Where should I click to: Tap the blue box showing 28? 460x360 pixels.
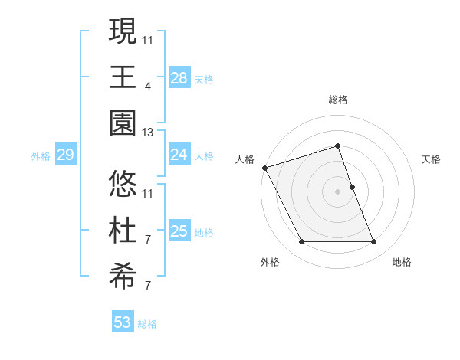click(x=179, y=78)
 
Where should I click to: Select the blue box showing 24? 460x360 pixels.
click(x=179, y=155)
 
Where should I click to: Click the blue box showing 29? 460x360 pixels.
click(x=65, y=155)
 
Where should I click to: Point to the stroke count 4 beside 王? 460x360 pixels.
click(x=147, y=86)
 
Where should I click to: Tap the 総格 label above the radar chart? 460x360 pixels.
click(x=338, y=100)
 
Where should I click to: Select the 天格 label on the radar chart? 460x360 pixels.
click(x=432, y=159)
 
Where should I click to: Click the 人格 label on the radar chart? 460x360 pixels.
click(x=245, y=159)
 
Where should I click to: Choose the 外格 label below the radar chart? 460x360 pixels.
click(x=269, y=263)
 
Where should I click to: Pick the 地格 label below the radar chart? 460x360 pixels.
click(x=402, y=263)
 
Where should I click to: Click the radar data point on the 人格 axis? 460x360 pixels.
click(x=264, y=167)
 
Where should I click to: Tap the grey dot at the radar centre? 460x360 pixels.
click(x=337, y=191)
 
